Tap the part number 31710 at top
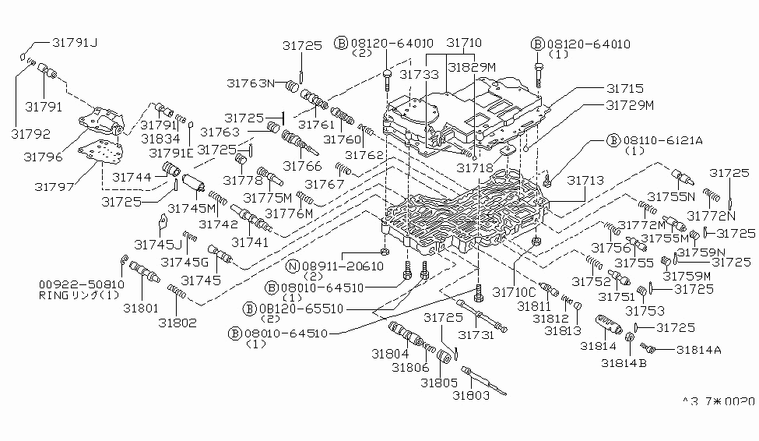tap(464, 44)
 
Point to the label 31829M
tap(470, 67)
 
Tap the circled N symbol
tap(291, 266)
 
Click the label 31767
tap(324, 184)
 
